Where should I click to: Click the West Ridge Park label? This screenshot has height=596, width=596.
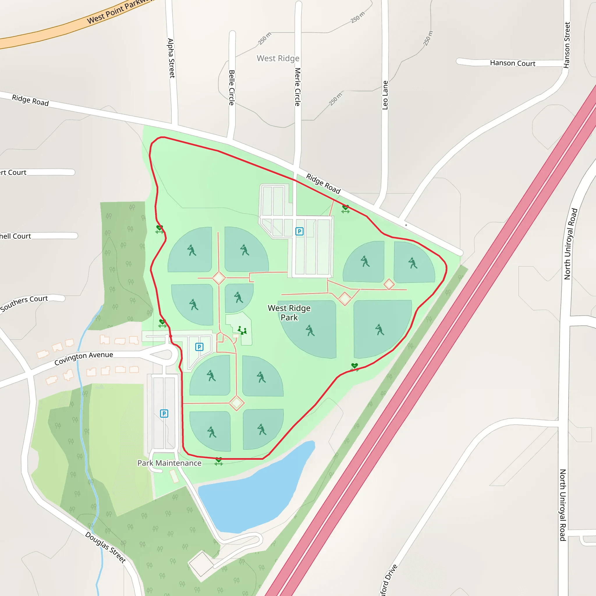[289, 313]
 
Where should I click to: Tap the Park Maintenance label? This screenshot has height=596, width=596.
[169, 463]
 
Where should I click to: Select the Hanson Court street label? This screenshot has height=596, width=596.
[512, 63]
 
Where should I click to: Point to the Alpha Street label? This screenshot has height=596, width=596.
[171, 58]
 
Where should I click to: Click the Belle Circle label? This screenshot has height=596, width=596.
[232, 88]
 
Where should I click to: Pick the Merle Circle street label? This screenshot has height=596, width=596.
[297, 87]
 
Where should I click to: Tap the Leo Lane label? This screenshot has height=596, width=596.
[385, 95]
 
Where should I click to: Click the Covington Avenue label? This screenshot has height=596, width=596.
[84, 358]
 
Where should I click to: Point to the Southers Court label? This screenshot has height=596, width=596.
[24, 303]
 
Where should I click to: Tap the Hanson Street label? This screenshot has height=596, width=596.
[567, 45]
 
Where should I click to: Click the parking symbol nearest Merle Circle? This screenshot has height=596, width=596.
[299, 231]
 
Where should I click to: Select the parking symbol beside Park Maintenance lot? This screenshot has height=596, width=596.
[164, 413]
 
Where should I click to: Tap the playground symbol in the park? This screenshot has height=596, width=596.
[242, 330]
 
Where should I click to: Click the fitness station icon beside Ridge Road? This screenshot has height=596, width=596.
[345, 209]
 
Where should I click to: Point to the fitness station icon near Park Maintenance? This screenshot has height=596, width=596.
[219, 461]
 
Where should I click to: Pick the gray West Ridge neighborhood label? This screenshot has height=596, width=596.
[278, 58]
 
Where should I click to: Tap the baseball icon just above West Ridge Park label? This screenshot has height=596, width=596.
[238, 297]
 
